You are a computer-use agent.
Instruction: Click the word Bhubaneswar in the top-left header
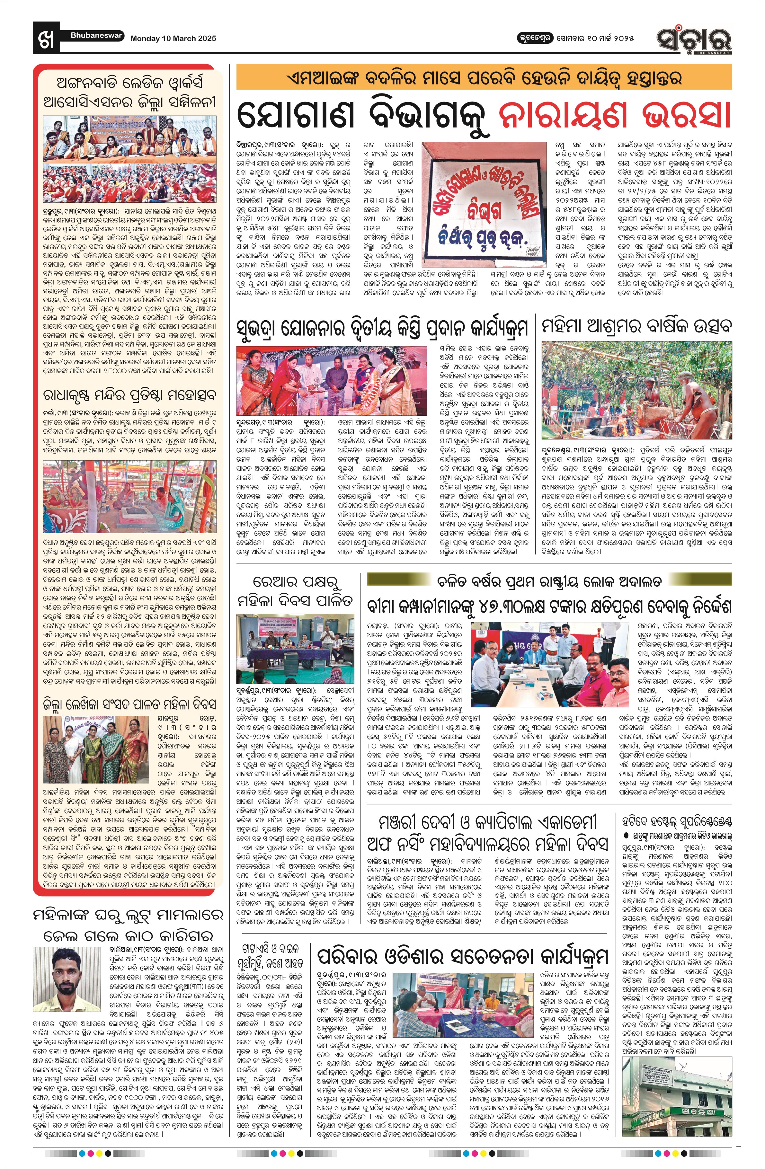coord(96,35)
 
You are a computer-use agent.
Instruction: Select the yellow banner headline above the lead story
coord(484,78)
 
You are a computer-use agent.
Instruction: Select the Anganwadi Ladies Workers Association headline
coord(129,92)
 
